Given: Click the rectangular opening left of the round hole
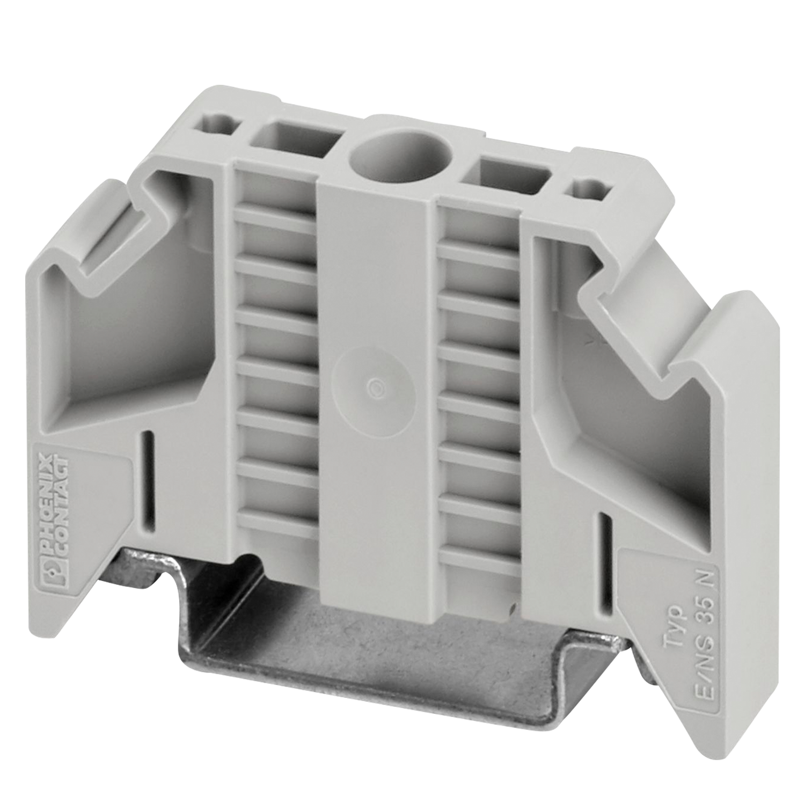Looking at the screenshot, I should (295, 139).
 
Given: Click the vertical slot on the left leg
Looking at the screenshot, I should (150, 480).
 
